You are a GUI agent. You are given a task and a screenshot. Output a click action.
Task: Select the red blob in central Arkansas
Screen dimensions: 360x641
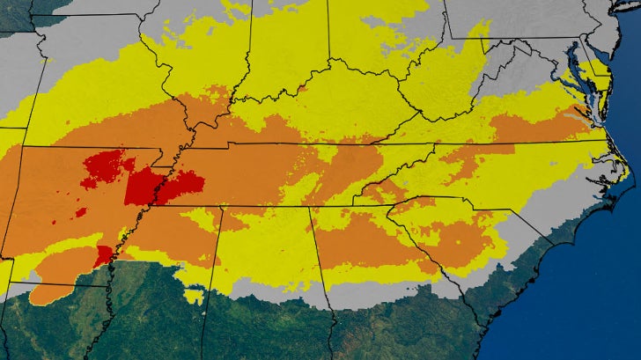(x=103, y=168)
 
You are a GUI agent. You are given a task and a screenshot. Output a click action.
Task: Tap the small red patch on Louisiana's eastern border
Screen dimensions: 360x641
(x=104, y=255)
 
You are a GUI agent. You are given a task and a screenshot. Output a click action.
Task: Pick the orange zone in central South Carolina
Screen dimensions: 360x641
(x=458, y=233)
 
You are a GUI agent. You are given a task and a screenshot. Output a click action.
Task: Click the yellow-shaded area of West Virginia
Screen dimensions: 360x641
(x=440, y=88)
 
